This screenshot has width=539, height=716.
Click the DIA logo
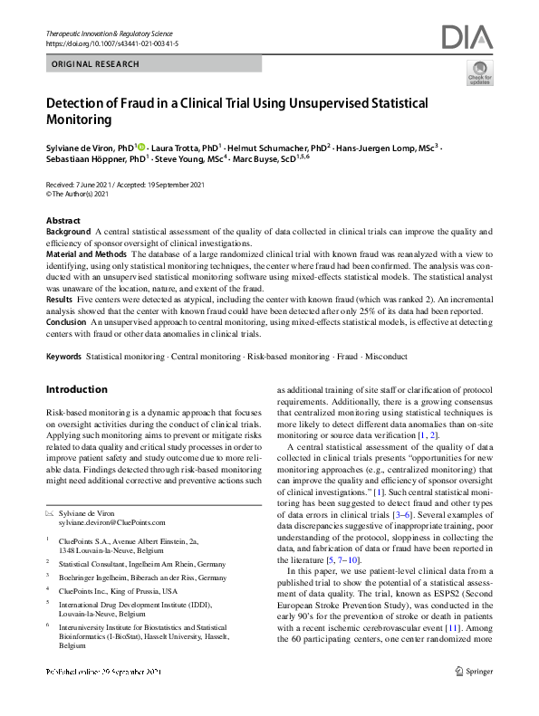pos(467,37)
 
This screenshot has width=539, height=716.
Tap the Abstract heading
pos(63,221)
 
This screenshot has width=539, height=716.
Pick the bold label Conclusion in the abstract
pos(66,320)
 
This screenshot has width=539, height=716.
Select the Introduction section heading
pos(76,389)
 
